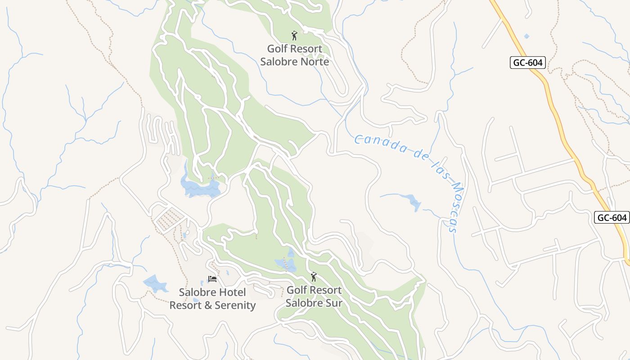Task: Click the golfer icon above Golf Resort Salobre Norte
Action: tap(294, 36)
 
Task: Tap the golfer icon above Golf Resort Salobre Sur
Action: tap(314, 277)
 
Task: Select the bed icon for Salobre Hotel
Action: tap(212, 279)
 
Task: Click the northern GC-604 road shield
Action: tap(528, 63)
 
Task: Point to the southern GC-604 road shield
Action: tap(612, 218)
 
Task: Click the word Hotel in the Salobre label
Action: tap(220, 292)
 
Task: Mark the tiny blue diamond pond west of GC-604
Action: tap(526, 36)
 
